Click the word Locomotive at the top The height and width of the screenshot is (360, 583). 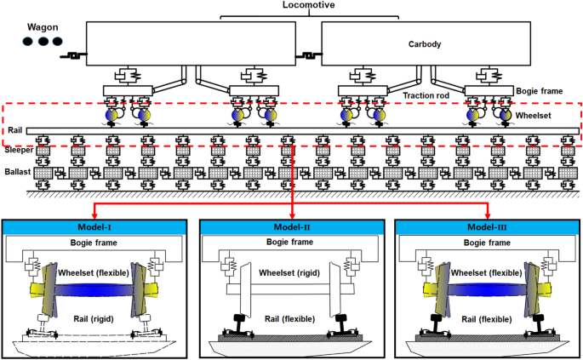pos(293,6)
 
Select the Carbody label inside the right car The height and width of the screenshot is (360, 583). pos(425,44)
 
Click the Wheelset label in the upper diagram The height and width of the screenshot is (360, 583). pos(535,113)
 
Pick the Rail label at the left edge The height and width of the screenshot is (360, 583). pos(12,130)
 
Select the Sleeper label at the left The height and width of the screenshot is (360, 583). pos(17,150)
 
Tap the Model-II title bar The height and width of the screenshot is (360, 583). pos(292,227)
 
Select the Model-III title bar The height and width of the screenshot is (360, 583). pos(488,227)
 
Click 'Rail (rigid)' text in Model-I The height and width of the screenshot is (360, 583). pos(93,317)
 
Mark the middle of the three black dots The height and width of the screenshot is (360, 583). pos(43,41)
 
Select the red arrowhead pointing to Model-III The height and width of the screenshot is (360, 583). pos(488,214)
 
